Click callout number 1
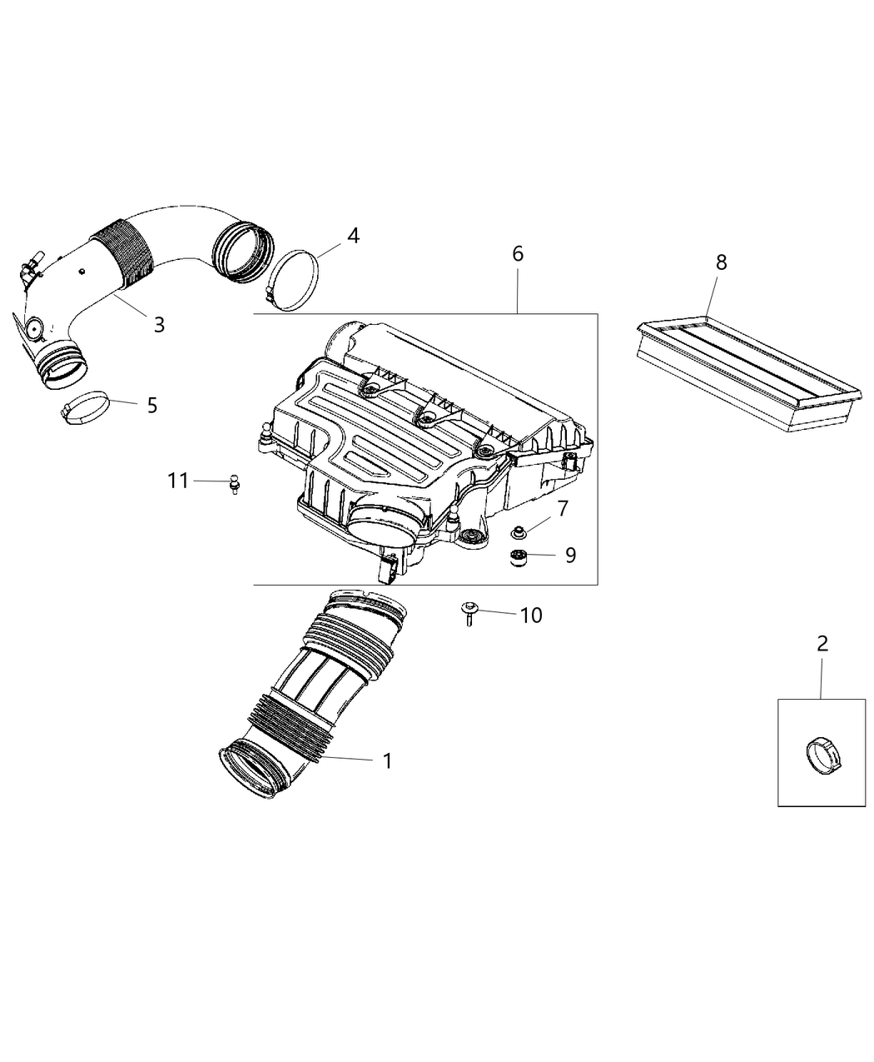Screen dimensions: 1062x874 (x=386, y=760)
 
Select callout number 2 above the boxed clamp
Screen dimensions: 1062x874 (x=822, y=643)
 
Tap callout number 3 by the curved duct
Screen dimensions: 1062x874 (x=158, y=324)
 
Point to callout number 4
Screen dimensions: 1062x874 (x=353, y=236)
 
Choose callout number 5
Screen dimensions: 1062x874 (x=151, y=405)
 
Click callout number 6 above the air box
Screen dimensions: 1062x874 (x=517, y=253)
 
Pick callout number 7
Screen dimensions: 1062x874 (x=563, y=508)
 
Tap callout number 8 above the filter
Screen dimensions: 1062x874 (x=721, y=262)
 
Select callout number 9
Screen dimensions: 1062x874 (x=570, y=555)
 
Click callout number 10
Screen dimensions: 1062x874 (x=530, y=615)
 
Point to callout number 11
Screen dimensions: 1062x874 (x=178, y=481)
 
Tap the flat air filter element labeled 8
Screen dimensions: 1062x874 (x=744, y=375)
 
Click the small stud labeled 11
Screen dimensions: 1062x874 (x=235, y=483)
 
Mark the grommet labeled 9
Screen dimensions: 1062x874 (x=519, y=557)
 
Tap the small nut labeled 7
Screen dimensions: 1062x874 (x=517, y=531)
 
